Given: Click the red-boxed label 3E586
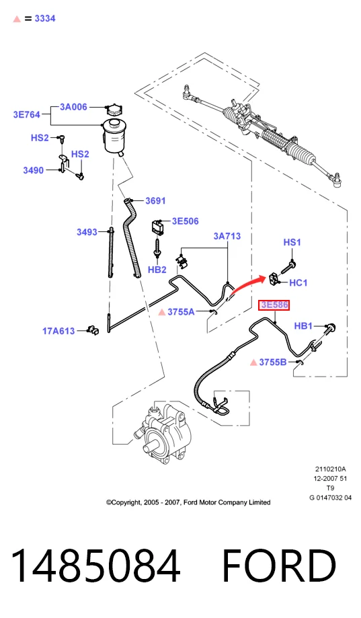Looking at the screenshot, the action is point(274,305).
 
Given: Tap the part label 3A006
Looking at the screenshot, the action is point(73,107).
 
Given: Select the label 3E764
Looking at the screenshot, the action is point(26,115).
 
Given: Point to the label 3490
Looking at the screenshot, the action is point(33,170).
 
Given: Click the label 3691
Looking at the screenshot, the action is point(155,200).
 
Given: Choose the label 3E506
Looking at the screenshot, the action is point(186,221).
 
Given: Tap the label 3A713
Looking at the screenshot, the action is point(227,236).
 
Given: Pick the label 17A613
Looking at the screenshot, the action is point(58,331).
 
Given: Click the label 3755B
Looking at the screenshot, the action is point(273,362).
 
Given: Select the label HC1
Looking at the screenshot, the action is point(298,282).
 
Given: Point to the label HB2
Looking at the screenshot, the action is point(157,270).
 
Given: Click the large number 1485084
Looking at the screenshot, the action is point(95,565).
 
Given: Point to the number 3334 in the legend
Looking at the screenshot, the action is point(45,19).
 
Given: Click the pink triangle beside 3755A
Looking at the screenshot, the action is point(161,312).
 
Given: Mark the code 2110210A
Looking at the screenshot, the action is point(330,469).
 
